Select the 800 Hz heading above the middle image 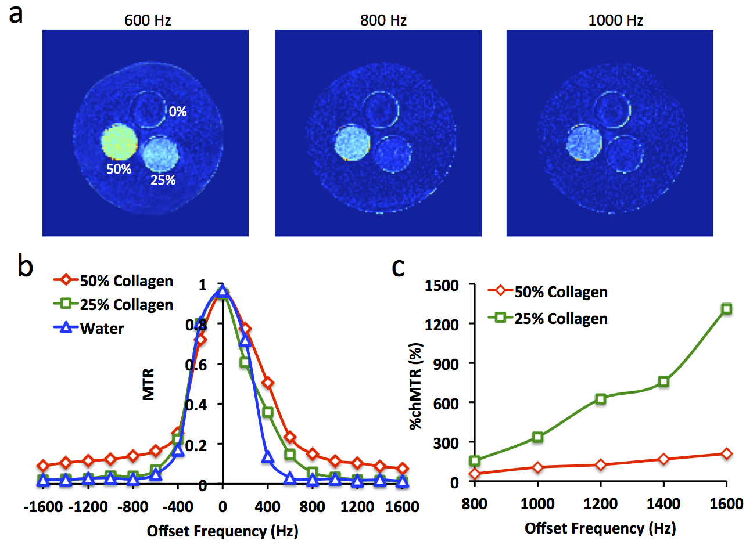(383, 21)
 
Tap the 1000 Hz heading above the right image (615, 21)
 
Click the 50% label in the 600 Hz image (119, 170)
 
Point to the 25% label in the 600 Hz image (163, 180)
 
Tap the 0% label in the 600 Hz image (178, 111)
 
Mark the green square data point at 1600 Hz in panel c (726, 309)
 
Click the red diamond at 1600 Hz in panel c (726, 453)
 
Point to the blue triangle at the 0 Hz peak (222, 291)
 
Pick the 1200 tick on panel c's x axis (601, 501)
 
